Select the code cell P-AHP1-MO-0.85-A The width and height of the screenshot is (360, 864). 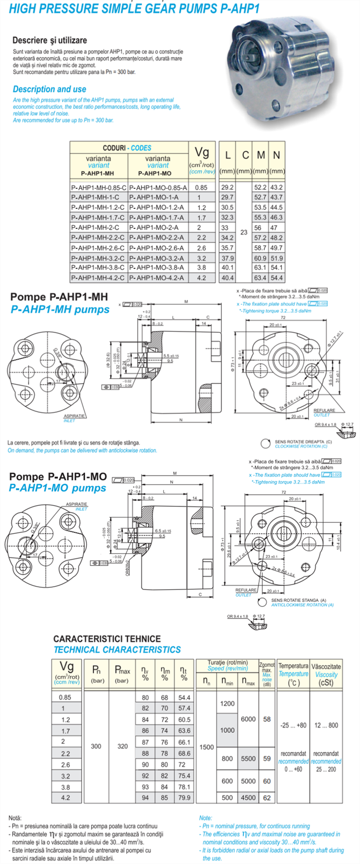pyautogui.click(x=158, y=188)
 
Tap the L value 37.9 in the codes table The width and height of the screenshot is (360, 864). pyautogui.click(x=227, y=258)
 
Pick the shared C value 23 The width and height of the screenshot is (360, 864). pyautogui.click(x=244, y=232)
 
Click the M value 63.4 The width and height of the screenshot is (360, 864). pyautogui.click(x=260, y=278)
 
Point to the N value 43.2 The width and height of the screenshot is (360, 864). pyautogui.click(x=277, y=187)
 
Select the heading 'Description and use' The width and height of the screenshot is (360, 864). pyautogui.click(x=49, y=89)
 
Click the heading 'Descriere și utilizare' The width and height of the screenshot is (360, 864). pyautogui.click(x=49, y=40)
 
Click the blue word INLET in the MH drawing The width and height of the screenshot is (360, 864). pyautogui.click(x=69, y=420)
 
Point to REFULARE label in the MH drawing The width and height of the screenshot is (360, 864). pyautogui.click(x=324, y=410)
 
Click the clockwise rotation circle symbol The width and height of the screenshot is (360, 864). pyautogui.click(x=265, y=444)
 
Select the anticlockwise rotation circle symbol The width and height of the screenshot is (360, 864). pyautogui.click(x=263, y=602)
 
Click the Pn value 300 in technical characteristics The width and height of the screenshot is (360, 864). pyautogui.click(x=96, y=746)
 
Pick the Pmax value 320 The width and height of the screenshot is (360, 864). pyautogui.click(x=122, y=746)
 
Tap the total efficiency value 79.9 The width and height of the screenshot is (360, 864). pyautogui.click(x=184, y=797)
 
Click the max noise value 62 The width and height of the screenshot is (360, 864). pyautogui.click(x=267, y=797)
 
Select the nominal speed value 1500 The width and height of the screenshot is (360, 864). pyautogui.click(x=207, y=747)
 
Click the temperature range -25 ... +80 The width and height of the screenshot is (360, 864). pyautogui.click(x=293, y=725)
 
